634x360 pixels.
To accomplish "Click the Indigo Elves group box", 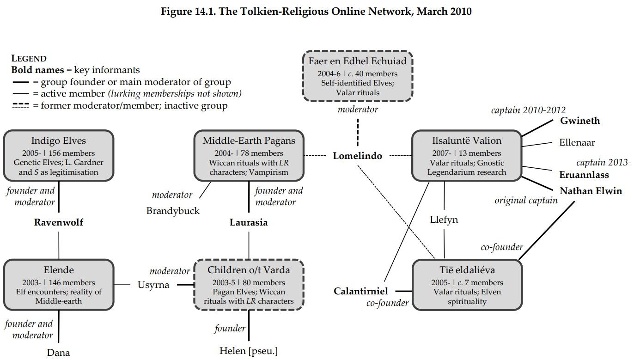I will (59, 156).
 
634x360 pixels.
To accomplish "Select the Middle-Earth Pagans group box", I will (249, 156).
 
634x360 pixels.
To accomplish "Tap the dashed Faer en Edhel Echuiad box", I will (357, 76).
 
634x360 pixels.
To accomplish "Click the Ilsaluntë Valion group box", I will (466, 156).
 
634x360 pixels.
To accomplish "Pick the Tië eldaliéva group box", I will (467, 285).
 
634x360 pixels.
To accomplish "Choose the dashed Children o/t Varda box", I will (249, 285).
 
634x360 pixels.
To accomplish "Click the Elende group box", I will (59, 285).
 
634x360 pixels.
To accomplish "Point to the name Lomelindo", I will (357, 156).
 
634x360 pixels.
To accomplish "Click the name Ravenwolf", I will (59, 222).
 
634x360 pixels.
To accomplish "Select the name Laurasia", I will (249, 222).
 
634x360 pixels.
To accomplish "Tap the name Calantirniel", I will (361, 291).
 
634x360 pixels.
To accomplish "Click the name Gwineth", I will (580, 121).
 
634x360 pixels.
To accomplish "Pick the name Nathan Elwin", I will (591, 191).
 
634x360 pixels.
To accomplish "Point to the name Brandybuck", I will (173, 211).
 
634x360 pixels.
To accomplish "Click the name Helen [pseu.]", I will (249, 351).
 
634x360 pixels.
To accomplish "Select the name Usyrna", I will (153, 285).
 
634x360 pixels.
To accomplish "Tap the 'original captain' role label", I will (526, 201).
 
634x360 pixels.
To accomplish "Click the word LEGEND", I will (29, 59).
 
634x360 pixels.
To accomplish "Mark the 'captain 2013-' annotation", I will (604, 163).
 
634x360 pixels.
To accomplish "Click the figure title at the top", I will (316, 12).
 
